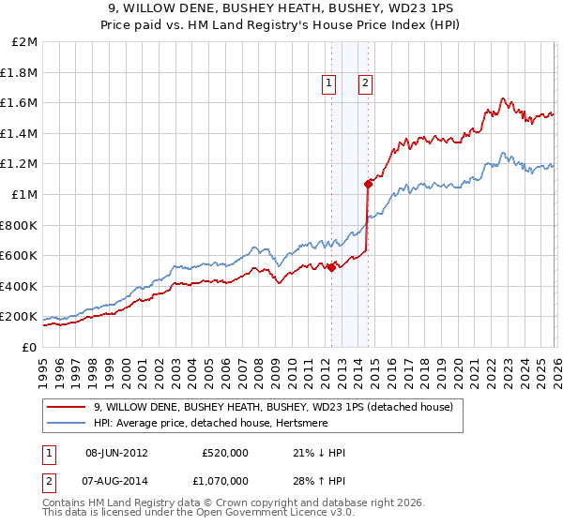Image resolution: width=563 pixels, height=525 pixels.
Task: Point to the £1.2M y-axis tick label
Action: tap(21, 164)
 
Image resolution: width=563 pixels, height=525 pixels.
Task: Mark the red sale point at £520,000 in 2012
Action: tap(331, 267)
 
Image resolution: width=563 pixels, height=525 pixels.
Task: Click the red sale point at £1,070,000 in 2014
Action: tap(368, 184)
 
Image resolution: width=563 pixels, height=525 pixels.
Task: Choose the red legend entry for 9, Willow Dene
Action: tap(272, 407)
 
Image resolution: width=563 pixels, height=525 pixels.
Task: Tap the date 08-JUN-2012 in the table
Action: tap(116, 453)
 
